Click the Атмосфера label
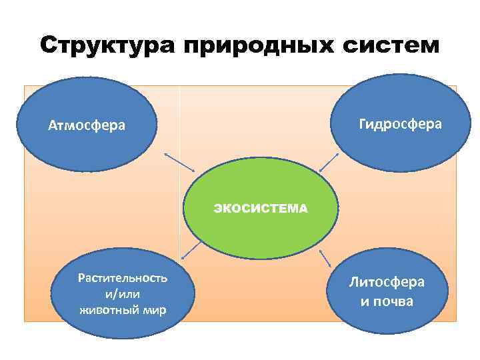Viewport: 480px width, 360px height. coord(86,125)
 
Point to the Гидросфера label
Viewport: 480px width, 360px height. coord(400,123)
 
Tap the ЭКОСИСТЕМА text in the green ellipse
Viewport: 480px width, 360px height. coord(261,209)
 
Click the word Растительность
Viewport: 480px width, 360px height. coord(123,277)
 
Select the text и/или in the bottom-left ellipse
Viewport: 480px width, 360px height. coord(123,293)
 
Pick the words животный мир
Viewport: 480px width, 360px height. coord(123,310)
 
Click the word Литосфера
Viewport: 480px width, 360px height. coord(387,282)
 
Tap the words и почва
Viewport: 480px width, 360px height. coord(387,301)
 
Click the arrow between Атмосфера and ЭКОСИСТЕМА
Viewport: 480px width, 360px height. coord(179,162)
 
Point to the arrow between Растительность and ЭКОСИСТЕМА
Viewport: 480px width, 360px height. coord(191,249)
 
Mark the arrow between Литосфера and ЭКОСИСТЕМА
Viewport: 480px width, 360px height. coord(326,257)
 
